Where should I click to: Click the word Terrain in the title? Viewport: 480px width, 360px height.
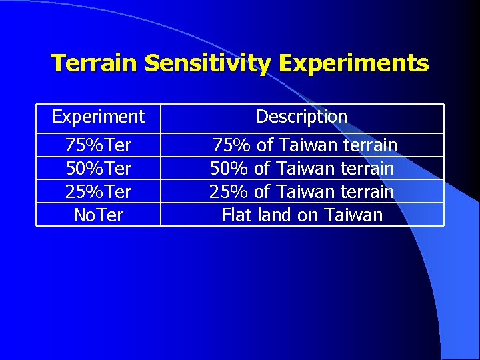point(95,63)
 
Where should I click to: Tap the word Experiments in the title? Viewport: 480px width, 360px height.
point(354,63)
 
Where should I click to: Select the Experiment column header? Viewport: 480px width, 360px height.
point(98,117)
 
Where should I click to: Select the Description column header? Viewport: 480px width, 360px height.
point(302,117)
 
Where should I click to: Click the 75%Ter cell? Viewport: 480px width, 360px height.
point(98,145)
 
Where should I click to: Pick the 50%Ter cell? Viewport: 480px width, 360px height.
point(98,169)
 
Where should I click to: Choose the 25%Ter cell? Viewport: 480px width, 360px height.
point(98,192)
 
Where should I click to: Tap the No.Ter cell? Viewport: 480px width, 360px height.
point(98,215)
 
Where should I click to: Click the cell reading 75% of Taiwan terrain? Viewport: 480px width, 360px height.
point(305,145)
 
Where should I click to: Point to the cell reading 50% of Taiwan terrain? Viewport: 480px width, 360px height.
point(302,169)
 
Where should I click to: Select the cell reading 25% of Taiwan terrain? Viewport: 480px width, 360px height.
point(302,192)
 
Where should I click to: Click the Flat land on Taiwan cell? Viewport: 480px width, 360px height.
point(302,215)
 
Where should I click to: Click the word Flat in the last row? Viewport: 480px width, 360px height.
point(234,215)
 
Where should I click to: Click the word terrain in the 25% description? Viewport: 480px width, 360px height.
point(367,192)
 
